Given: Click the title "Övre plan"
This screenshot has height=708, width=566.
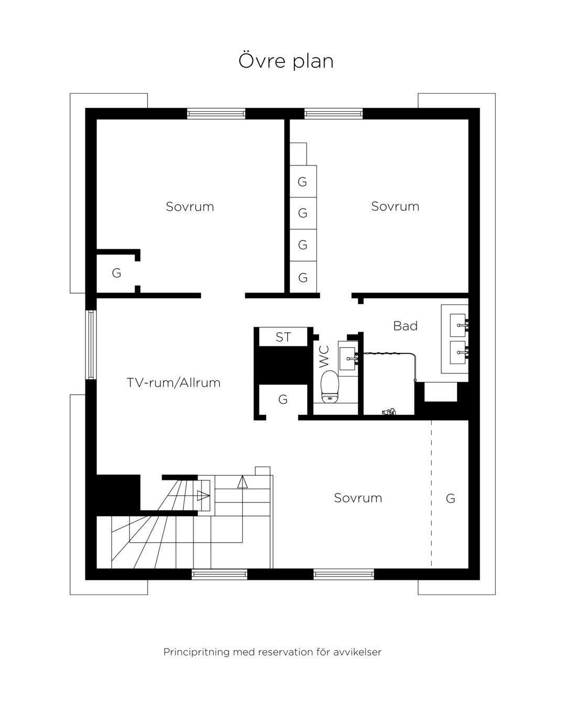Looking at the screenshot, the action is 286,61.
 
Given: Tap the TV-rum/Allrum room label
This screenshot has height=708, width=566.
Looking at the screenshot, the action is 173,383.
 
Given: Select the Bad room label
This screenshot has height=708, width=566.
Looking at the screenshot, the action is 405,326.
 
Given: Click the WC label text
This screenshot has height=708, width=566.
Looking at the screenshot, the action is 324,356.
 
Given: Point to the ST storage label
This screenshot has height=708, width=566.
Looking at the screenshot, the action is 283,337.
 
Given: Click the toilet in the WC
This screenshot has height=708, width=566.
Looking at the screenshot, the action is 330,387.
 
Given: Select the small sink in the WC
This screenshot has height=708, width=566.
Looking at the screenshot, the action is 347,359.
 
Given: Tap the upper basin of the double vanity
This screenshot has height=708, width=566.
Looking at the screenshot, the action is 458,325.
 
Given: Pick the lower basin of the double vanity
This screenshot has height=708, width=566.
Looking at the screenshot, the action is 458,352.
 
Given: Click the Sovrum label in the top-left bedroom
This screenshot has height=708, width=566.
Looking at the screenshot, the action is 190,207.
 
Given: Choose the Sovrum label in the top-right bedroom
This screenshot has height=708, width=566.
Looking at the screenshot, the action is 395,206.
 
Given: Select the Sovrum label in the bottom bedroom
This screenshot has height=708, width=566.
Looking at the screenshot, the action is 358,498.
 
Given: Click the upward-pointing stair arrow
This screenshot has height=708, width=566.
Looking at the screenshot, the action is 242,482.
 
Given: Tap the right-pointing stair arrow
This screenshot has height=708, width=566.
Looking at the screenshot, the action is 203,496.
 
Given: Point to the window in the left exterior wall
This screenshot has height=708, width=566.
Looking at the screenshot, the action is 91,345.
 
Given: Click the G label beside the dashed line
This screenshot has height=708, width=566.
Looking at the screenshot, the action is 450,498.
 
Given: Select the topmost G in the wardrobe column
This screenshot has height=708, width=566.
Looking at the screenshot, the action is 302,181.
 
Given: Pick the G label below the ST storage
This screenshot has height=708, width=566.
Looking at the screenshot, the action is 283,400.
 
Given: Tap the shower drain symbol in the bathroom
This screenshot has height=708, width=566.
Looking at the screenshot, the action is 389,412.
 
